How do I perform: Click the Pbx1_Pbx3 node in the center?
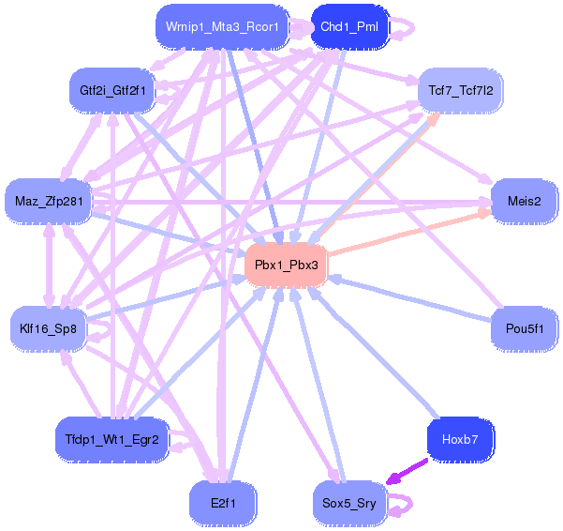287,265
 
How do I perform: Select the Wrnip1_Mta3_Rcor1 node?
222,26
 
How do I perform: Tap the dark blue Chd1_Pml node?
348,26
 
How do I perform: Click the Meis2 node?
524,201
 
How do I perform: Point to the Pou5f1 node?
524,328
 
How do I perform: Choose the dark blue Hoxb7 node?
460,438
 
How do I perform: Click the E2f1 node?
223,503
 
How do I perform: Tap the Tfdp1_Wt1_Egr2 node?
111,438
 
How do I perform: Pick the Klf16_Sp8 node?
48,328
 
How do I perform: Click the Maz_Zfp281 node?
48,201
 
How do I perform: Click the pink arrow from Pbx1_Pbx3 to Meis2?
412,231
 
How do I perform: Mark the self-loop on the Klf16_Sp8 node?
97,328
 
